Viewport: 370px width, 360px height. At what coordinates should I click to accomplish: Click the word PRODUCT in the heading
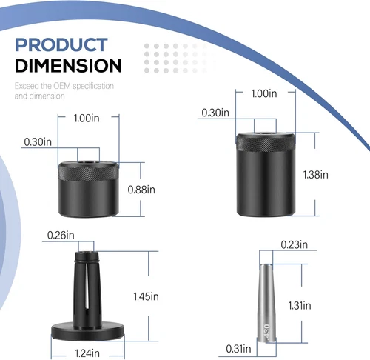pyautogui.click(x=61, y=44)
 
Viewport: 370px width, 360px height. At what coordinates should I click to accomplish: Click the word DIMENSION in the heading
pyautogui.click(x=68, y=65)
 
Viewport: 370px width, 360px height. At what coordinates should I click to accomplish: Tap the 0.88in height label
pyautogui.click(x=141, y=190)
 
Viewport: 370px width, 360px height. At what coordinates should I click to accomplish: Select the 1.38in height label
pyautogui.click(x=316, y=175)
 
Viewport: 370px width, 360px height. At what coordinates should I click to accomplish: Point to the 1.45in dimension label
pyautogui.click(x=146, y=296)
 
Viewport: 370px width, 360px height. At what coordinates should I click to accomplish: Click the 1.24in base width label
pyautogui.click(x=87, y=353)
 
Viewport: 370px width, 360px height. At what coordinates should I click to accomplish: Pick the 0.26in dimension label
pyautogui.click(x=61, y=235)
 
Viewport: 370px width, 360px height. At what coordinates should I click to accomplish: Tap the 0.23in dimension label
pyautogui.click(x=295, y=244)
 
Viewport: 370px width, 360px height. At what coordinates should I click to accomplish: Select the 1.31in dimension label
pyautogui.click(x=300, y=306)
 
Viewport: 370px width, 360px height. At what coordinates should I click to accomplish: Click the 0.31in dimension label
pyautogui.click(x=238, y=349)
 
